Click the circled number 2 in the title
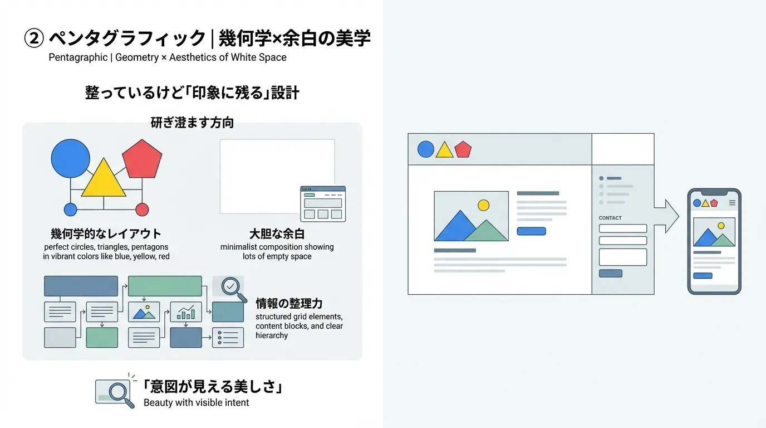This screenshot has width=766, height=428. pos(34,38)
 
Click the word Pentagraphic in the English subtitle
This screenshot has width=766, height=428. pos(78,57)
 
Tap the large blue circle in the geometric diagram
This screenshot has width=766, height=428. pos(71,158)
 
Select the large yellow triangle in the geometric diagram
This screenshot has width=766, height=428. pos(104,178)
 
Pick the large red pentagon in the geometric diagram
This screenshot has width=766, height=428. pos(142,159)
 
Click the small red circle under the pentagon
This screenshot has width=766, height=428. pos(142,210)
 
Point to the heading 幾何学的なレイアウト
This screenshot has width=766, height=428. pos(106,234)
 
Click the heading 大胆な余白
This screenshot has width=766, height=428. pos(277,234)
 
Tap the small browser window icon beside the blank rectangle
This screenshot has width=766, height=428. pos(323,204)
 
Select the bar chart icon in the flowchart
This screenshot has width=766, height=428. pos(186,312)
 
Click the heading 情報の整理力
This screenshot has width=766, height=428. pos(289,303)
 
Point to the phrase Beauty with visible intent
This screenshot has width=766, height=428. pos(197,403)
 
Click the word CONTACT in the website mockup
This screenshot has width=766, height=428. pos(610,218)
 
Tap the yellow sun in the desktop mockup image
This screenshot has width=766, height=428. pos(483,206)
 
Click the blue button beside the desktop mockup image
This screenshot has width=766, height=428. pos(531,231)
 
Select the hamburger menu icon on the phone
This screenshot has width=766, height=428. pos(732,203)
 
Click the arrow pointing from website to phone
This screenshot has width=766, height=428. pos(667,216)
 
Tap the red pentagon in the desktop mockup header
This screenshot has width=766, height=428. pos(463,149)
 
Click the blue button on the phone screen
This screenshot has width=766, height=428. pos(703,276)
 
